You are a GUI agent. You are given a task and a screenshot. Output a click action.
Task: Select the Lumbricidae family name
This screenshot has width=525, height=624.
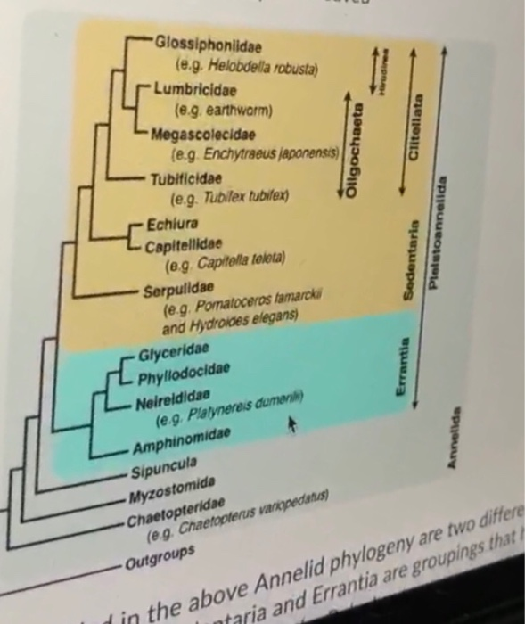click(193, 90)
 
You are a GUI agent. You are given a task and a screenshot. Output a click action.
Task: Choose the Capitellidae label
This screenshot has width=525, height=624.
click(182, 242)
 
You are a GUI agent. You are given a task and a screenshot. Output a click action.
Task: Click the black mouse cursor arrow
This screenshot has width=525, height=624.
click(290, 428)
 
